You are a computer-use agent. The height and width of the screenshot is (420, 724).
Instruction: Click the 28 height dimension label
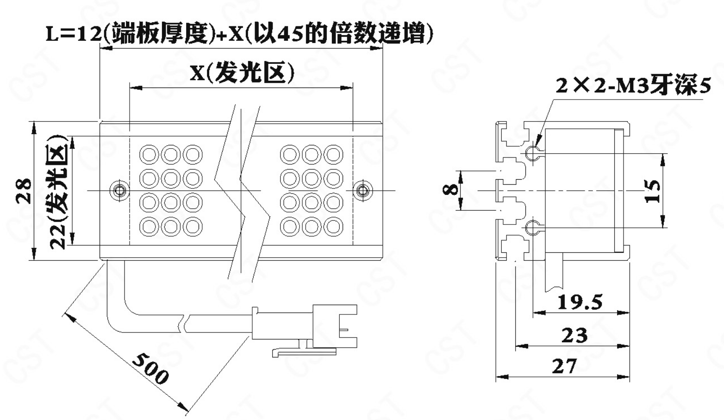point(24,191)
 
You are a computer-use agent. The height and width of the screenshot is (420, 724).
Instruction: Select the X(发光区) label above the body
point(242,73)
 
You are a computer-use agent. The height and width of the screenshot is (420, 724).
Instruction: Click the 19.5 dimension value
point(580,302)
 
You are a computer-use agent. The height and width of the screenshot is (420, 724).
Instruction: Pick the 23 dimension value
point(574,335)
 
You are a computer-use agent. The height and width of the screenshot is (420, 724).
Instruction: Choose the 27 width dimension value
point(564,366)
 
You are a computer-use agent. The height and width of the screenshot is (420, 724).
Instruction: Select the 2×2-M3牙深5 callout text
point(632,86)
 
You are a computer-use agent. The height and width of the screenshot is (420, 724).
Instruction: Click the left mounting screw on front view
point(119,190)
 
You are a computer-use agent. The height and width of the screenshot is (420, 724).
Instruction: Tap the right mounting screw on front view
point(362,190)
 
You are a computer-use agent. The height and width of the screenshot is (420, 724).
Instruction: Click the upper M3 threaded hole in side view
point(532,152)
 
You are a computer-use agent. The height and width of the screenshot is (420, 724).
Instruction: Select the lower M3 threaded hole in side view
point(532,227)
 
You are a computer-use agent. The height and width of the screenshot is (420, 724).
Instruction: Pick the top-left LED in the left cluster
point(149,154)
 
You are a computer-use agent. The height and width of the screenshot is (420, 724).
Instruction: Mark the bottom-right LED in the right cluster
point(333,226)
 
